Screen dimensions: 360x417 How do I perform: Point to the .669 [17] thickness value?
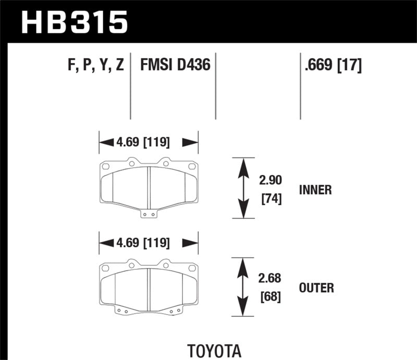[331, 66]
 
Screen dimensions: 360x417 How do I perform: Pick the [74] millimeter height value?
[269, 198]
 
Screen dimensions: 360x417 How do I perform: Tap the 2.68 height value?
[269, 279]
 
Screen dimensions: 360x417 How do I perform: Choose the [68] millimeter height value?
[269, 297]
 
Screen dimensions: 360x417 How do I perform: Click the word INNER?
[315, 190]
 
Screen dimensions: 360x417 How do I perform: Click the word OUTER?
[316, 287]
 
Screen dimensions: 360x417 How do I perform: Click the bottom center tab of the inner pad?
[149, 213]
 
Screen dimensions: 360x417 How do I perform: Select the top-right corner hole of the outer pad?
[193, 267]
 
